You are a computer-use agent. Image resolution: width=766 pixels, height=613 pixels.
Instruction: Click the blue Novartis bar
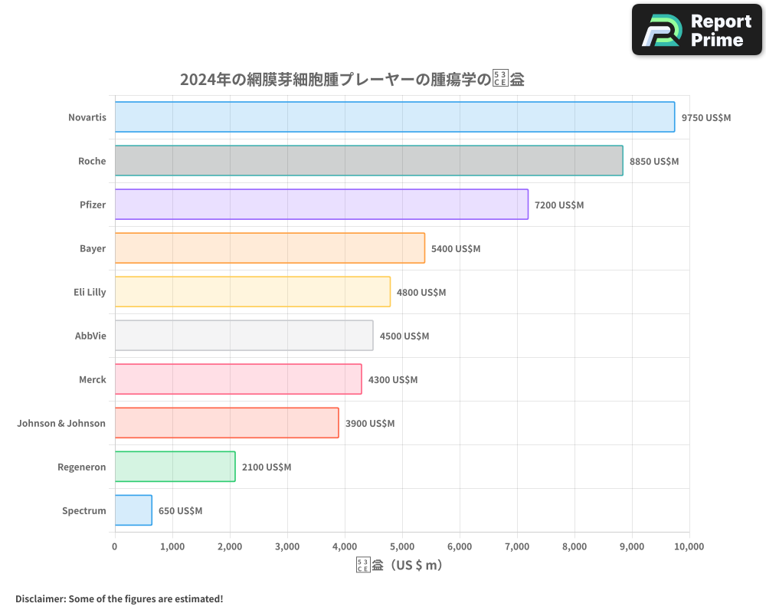394,117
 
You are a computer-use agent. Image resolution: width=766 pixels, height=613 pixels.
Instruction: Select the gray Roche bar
368,161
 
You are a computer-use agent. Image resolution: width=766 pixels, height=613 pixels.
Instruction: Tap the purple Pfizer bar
321,205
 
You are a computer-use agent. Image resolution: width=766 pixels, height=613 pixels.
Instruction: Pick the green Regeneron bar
175,467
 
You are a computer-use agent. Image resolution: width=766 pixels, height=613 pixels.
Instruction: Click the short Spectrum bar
133,510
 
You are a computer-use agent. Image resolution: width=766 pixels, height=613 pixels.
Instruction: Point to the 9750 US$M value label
706,118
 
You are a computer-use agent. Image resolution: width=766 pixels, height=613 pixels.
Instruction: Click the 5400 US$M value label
456,249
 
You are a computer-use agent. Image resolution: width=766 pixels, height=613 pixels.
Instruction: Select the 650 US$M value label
181,511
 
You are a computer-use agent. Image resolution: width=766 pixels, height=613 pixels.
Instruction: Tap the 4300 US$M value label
393,380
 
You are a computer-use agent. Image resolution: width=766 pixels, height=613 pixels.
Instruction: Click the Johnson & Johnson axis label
61,423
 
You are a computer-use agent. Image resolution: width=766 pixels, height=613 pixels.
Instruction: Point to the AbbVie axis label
90,336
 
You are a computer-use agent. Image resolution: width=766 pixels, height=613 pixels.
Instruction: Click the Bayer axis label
93,248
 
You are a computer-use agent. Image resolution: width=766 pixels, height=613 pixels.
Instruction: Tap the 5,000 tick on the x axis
402,546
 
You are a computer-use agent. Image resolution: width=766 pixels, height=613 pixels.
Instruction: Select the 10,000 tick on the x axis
689,546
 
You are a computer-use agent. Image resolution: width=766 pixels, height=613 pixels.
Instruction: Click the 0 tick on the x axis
115,546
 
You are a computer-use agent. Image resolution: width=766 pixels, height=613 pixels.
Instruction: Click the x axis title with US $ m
399,565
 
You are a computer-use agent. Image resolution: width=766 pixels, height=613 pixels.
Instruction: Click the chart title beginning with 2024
352,80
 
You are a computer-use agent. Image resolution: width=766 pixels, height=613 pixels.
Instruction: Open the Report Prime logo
696,30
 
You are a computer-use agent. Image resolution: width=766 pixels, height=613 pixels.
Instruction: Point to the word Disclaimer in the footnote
40,598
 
